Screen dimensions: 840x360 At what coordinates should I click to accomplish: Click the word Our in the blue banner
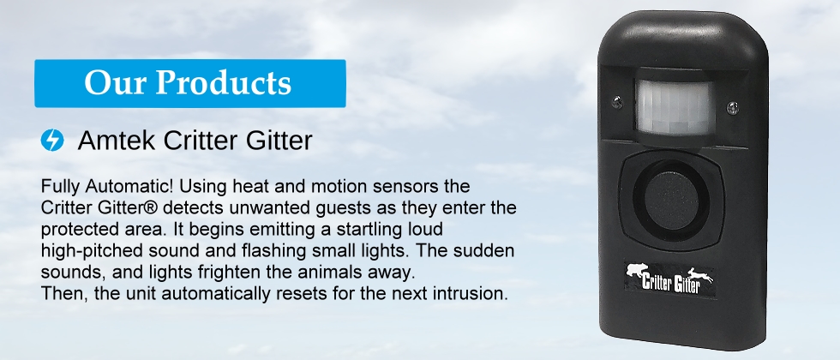click(115, 83)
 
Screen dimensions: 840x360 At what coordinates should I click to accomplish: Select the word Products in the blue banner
click(224, 83)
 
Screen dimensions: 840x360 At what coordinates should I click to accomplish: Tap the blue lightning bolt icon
click(52, 141)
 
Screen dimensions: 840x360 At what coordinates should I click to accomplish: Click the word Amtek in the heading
click(117, 141)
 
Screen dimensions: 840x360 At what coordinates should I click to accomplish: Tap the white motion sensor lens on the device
click(675, 108)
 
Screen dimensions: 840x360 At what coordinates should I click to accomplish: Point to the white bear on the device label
click(637, 271)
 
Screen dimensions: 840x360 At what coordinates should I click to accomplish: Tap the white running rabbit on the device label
click(701, 276)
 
